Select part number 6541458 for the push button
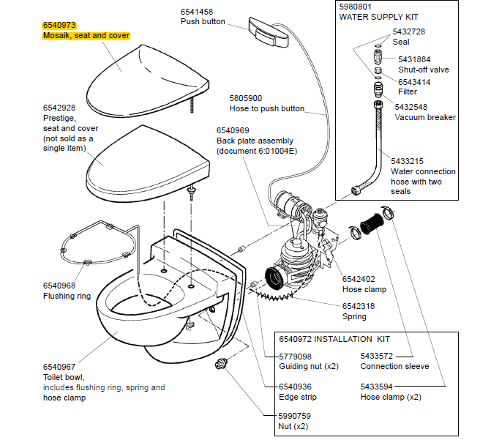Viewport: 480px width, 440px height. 197,11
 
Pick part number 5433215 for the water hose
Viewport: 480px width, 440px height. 411,160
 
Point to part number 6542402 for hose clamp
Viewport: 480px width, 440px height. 359,278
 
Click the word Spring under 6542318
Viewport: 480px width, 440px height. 354,317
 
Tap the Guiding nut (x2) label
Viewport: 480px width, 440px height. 308,366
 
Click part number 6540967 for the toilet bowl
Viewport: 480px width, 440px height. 59,367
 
